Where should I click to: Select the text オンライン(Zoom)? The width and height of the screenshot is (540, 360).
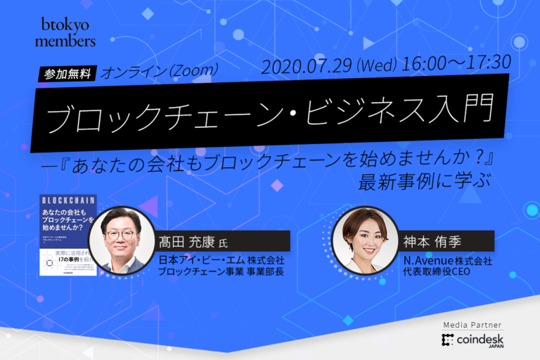161,72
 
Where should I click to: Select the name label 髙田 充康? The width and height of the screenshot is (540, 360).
186,240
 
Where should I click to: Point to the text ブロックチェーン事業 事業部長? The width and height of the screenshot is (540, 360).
221,272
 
